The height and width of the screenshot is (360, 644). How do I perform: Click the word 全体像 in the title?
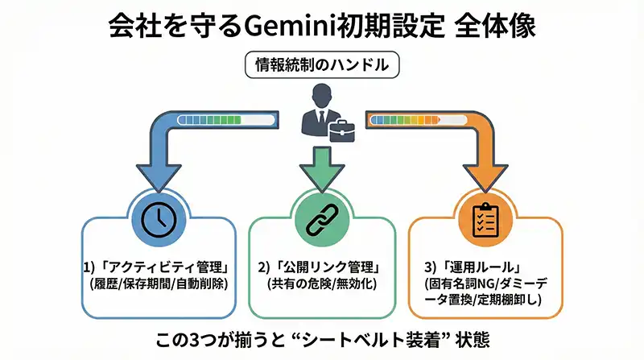[500, 25]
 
